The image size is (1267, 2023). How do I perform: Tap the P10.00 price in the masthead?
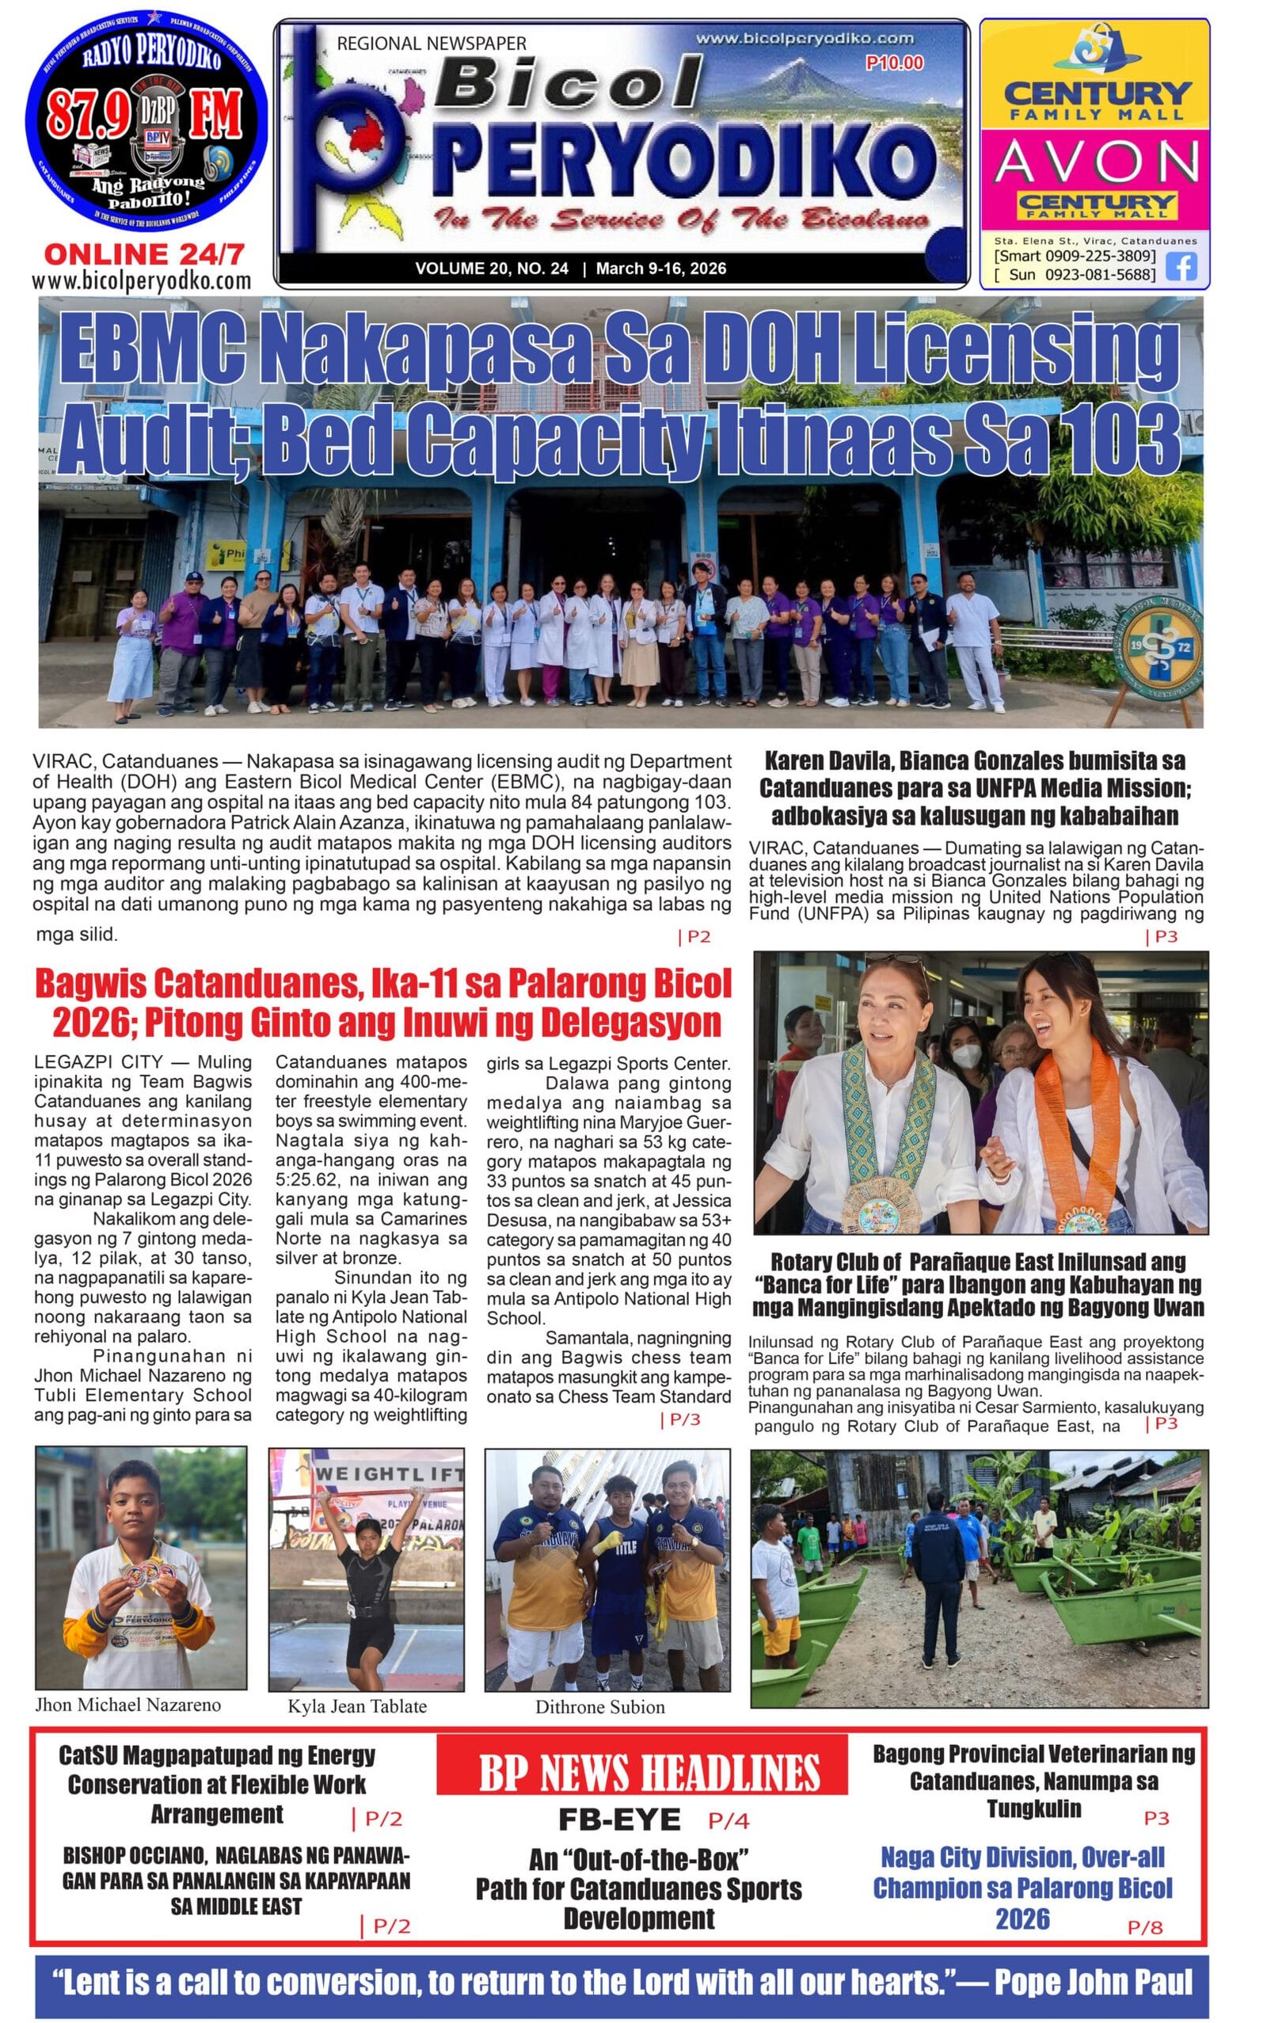click(894, 63)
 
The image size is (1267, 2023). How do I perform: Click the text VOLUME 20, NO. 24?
click(491, 269)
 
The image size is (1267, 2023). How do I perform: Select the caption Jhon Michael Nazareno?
click(127, 1705)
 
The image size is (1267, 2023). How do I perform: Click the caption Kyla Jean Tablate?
click(357, 1706)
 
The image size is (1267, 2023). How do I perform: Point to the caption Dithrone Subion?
click(600, 1707)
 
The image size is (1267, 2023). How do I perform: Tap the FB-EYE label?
click(619, 1819)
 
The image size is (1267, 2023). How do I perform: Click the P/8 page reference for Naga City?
click(1145, 1926)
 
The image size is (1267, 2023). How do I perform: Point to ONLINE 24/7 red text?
click(144, 255)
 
